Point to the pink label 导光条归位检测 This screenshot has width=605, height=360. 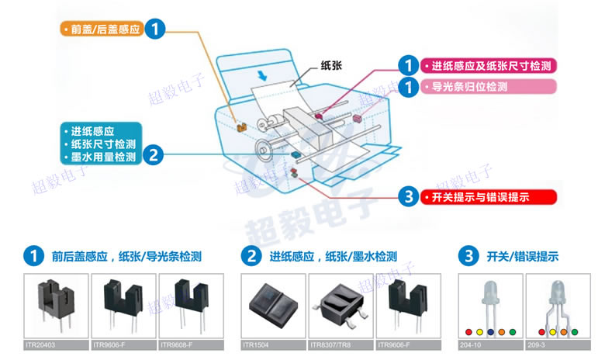470,87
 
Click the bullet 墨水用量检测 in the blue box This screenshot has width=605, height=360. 103,158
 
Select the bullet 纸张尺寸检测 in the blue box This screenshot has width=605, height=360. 103,144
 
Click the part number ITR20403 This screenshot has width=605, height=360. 46,344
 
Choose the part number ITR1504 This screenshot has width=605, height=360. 257,344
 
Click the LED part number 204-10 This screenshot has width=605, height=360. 470,344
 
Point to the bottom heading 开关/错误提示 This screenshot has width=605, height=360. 522,256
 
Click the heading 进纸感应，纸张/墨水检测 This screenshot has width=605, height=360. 334,256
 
